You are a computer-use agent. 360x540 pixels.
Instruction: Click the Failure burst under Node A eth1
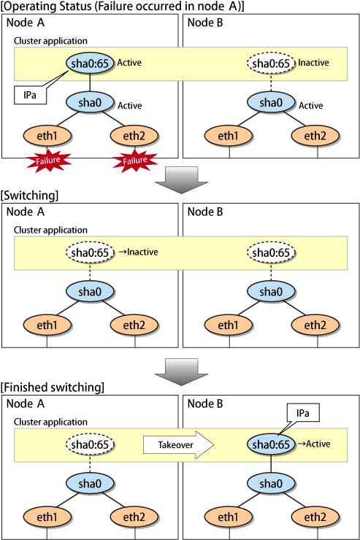49,161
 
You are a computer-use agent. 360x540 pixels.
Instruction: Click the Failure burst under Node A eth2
135,161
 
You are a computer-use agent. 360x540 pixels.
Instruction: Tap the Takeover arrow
179,444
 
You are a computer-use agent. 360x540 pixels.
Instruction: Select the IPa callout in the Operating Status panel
31,95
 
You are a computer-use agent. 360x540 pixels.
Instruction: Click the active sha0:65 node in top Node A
90,63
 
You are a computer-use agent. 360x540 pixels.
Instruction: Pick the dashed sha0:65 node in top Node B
271,63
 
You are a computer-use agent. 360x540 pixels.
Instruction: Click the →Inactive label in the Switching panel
138,252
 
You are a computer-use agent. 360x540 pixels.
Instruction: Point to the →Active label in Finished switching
313,444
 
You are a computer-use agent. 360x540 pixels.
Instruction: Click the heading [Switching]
30,196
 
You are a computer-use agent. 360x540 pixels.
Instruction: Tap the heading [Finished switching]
53,387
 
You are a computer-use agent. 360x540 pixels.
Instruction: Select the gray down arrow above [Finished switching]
181,372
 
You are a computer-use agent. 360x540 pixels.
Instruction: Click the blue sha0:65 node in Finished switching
271,444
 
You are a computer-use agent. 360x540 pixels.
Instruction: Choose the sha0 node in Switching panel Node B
271,292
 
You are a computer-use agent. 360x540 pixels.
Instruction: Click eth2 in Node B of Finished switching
315,517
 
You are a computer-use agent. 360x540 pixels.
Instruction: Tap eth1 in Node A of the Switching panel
47,325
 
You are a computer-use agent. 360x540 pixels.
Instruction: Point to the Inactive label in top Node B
313,63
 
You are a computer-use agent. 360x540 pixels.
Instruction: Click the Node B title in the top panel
205,23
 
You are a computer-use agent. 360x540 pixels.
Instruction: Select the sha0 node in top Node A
90,103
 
